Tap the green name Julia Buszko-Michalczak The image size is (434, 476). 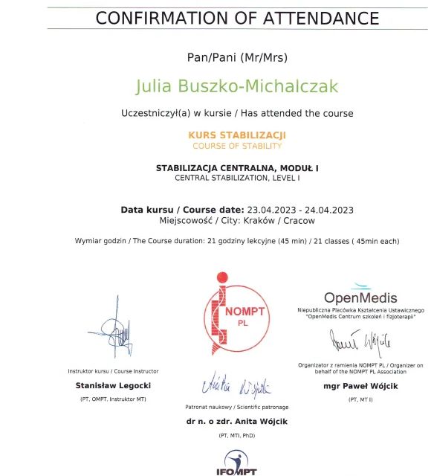point(237,86)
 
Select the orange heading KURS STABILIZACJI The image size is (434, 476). point(237,135)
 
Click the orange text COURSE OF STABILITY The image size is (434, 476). point(237,146)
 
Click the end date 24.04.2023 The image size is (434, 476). point(326,210)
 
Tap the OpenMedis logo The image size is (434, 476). point(360,295)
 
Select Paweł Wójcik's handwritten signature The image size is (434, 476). point(362,341)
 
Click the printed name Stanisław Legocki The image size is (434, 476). point(114,385)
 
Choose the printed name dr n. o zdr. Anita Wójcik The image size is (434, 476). point(237,421)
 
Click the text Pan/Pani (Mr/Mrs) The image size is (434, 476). point(237,57)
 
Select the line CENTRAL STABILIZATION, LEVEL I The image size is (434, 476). point(237,178)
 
